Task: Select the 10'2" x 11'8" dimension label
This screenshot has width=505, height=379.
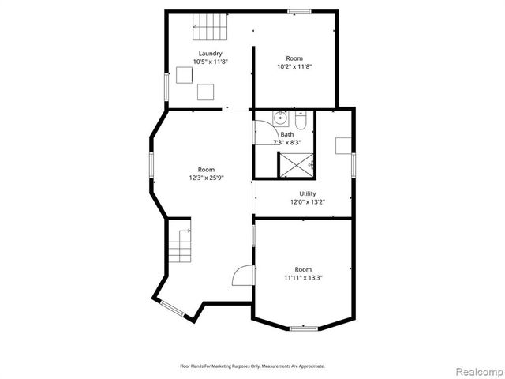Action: point(294,66)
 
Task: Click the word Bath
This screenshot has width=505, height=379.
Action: point(286,135)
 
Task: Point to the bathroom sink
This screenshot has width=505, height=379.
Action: point(280,119)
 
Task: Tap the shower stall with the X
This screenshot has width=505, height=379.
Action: point(296,164)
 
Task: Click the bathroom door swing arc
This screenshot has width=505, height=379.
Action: point(262,132)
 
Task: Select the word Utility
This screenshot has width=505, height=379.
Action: point(307,193)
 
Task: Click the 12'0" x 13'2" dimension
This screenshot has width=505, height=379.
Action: point(307,201)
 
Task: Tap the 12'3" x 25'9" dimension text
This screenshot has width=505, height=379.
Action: point(206,178)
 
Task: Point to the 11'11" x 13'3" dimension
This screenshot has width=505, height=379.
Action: point(303,277)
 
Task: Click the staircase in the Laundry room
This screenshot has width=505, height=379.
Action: point(210,29)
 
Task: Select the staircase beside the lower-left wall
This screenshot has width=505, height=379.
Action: point(181,246)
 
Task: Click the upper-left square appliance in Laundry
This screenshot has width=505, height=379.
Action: point(185,75)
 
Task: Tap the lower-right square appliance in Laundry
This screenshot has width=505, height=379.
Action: point(206,92)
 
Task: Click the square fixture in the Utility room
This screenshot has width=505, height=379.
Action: point(343,145)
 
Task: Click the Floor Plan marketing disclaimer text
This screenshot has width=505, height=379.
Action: point(252,366)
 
